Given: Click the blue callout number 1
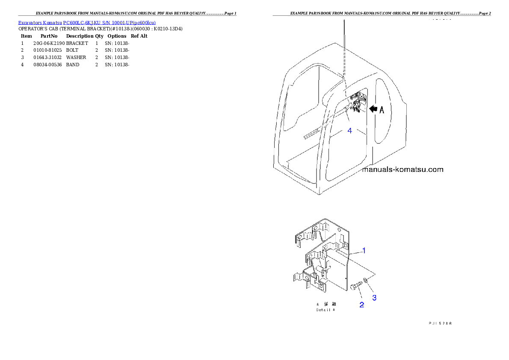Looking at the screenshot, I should click(x=364, y=251).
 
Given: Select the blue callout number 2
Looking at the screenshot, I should click(x=361, y=305).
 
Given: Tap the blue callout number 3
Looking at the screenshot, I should click(x=374, y=298).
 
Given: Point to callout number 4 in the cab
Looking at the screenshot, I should click(x=349, y=131).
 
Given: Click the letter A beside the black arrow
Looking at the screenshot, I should click(x=382, y=109).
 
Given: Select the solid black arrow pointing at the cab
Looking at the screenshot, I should click(x=373, y=109).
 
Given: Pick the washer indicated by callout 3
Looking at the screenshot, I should click(x=365, y=280).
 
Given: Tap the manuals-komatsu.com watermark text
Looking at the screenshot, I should click(x=402, y=169).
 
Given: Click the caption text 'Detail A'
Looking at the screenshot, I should click(x=326, y=310).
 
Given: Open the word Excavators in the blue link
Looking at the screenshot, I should click(x=28, y=22).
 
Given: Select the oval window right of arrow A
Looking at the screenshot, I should click(x=385, y=111).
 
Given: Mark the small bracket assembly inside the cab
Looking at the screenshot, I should click(x=356, y=102).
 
